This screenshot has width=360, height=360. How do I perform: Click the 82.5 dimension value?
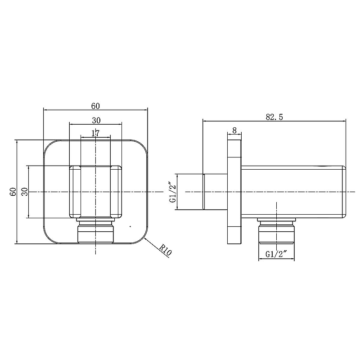(274, 117)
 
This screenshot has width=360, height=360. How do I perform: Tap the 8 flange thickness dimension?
(234, 130)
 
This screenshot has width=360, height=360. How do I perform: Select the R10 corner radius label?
(165, 250)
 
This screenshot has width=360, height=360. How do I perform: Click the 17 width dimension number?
(95, 133)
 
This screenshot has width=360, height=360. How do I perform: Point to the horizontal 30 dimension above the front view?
(96, 120)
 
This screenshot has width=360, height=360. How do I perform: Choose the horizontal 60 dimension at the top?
(95, 106)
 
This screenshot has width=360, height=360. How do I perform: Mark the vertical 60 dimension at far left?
(13, 192)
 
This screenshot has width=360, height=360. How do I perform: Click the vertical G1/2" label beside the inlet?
(172, 192)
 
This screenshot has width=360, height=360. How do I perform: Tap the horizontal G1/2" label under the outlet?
(277, 254)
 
